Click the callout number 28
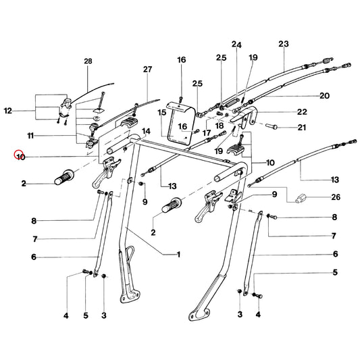tap(88, 61)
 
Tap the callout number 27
tap(148, 69)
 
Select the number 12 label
tap(8, 111)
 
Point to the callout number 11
tap(30, 136)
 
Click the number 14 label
tap(147, 131)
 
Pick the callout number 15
tap(161, 113)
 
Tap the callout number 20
tap(325, 95)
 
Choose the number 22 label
tap(302, 111)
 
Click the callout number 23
tap(284, 44)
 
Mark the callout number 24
tap(236, 45)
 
